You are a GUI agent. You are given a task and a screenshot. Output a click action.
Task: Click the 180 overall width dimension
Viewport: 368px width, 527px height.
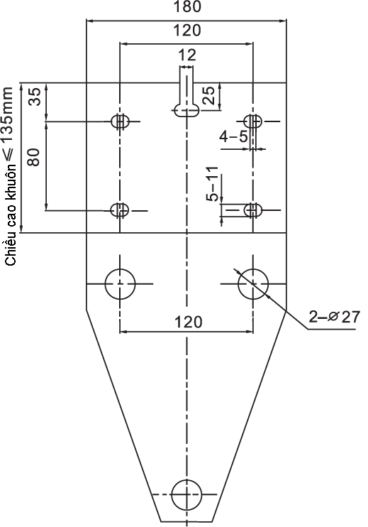(187, 6)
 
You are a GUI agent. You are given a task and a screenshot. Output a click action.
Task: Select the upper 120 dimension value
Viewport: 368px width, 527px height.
(187, 31)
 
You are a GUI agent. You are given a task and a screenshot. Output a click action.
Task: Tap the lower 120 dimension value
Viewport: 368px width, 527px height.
(189, 322)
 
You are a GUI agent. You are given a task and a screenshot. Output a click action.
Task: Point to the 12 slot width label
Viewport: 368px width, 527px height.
(187, 55)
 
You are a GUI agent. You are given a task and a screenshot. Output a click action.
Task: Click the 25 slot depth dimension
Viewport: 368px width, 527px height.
(208, 95)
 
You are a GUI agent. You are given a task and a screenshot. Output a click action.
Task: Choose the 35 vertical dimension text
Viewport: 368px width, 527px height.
(34, 97)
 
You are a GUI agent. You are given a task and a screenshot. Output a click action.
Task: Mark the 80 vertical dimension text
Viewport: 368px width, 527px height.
(34, 157)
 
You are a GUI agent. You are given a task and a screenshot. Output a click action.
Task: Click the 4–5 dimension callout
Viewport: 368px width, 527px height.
(233, 137)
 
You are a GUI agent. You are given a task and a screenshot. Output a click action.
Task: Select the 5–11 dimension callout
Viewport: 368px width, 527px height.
(212, 183)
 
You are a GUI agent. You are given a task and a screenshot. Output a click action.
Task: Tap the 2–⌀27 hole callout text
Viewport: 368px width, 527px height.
(334, 317)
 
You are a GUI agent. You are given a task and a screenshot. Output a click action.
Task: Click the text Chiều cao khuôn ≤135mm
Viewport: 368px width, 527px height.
(10, 176)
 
